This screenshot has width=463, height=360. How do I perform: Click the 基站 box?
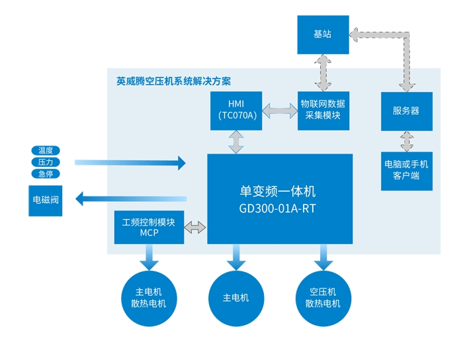pyautogui.click(x=323, y=35)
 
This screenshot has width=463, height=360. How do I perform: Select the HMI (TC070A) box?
pyautogui.click(x=236, y=111)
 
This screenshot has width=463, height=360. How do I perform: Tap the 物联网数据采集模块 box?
pyautogui.click(x=323, y=111)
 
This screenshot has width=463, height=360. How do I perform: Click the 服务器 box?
pyautogui.click(x=407, y=111)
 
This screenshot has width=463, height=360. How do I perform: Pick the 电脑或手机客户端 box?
pyautogui.click(x=407, y=171)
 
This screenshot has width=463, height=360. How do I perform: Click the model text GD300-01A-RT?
pyautogui.click(x=277, y=208)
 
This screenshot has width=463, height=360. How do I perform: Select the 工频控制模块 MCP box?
pyautogui.click(x=149, y=227)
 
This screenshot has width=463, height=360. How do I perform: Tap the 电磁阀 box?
pyautogui.click(x=46, y=201)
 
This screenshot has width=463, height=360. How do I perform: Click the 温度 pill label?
pyautogui.click(x=46, y=150)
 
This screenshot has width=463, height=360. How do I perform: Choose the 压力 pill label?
pyautogui.click(x=46, y=162)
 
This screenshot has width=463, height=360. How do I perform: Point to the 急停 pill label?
pyautogui.click(x=46, y=174)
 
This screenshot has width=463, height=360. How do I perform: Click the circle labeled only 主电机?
pyautogui.click(x=236, y=298)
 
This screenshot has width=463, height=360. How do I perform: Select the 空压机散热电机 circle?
pyautogui.click(x=323, y=298)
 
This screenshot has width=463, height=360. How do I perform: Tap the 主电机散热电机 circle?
pyautogui.click(x=149, y=298)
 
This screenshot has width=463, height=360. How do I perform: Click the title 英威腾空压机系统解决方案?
pyautogui.click(x=173, y=81)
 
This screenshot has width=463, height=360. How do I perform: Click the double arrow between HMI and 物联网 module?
pyautogui.click(x=280, y=111)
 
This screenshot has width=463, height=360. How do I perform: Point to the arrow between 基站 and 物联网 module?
pyautogui.click(x=323, y=73)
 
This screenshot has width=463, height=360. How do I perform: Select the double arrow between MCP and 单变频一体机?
pyautogui.click(x=195, y=228)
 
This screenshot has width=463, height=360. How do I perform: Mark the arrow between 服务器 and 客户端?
pyautogui.click(x=407, y=142)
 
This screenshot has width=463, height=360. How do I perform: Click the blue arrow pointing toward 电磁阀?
pyautogui.click(x=131, y=199)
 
